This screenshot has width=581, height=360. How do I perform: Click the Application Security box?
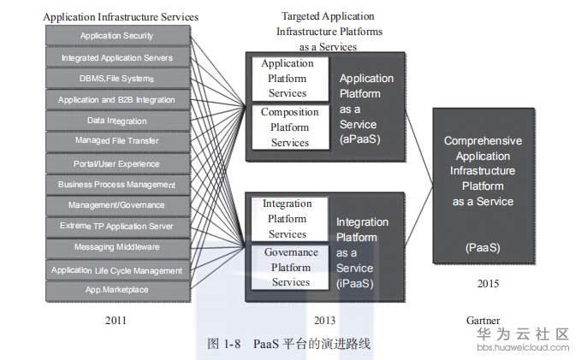116,36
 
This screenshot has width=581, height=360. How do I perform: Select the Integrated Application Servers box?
116,57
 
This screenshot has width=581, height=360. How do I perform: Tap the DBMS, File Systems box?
116,79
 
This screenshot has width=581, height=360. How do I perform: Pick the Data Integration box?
116,121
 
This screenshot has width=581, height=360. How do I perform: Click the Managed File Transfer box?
116,141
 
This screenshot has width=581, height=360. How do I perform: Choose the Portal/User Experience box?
116,163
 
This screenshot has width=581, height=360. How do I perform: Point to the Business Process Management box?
116,185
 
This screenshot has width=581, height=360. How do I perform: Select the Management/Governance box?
116,205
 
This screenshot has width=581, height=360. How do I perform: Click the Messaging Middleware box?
116,247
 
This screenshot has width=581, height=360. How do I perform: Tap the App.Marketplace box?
116,290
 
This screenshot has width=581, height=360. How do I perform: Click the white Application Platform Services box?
288,79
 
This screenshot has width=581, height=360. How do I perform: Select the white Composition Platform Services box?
289,127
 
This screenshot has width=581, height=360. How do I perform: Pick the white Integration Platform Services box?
288,219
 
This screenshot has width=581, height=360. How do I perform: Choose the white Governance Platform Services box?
290,267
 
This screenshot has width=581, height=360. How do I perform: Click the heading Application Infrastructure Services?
121,16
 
